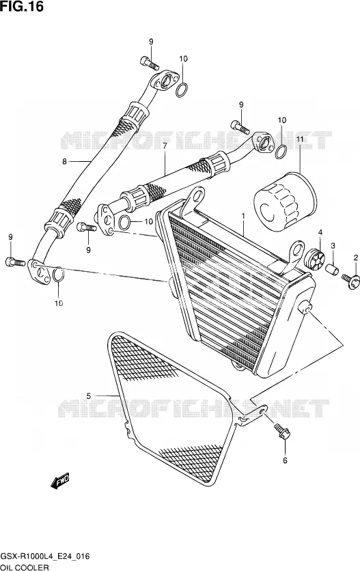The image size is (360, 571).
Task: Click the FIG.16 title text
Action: (22, 6)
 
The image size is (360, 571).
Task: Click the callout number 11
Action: (299, 139)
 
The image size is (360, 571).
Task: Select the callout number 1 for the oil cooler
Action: (243, 217)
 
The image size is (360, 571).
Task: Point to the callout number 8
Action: (64, 161)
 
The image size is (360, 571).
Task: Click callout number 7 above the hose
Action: (165, 146)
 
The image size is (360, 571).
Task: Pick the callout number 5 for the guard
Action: (89, 395)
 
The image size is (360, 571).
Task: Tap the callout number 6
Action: (285, 460)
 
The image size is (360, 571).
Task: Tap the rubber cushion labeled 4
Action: (314, 260)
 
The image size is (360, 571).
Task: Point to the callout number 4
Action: (320, 232)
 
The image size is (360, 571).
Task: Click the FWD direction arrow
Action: (59, 481)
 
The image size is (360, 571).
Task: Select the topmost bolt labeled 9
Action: (150, 64)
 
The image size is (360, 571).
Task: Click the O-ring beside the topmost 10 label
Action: (182, 90)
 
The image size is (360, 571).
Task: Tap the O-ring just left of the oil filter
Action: (280, 152)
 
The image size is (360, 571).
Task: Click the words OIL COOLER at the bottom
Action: (25, 568)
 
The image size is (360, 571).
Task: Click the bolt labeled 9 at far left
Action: (15, 262)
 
